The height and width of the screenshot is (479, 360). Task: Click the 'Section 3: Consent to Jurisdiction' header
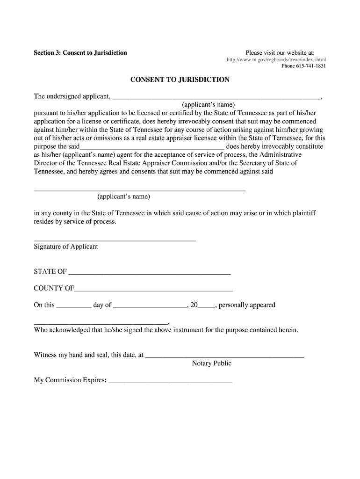click(80, 52)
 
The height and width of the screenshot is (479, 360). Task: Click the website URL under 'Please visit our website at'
click(276, 60)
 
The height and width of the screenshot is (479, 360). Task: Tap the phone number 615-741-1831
click(303, 66)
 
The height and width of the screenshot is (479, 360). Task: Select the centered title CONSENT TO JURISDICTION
click(180, 80)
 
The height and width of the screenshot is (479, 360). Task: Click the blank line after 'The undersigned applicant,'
click(217, 98)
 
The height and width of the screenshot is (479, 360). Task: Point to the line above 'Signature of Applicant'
click(115, 240)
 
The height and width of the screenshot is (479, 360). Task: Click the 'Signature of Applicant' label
click(66, 247)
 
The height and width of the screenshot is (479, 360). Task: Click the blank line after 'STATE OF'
click(149, 273)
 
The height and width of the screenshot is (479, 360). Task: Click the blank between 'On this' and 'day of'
click(74, 306)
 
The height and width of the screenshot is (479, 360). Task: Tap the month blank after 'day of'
click(150, 306)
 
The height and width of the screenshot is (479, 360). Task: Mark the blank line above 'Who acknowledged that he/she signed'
click(101, 323)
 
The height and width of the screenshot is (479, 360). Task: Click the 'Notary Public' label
click(211, 363)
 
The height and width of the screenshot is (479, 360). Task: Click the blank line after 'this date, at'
click(225, 356)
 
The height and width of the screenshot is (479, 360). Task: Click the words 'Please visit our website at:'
click(280, 52)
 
